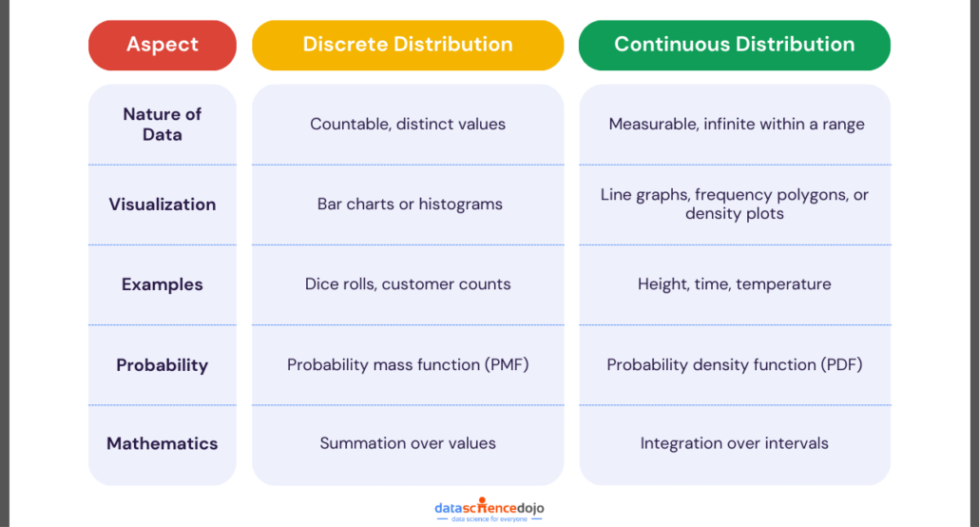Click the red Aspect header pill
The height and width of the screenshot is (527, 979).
pyautogui.click(x=163, y=45)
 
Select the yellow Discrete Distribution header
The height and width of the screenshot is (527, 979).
pyautogui.click(x=408, y=45)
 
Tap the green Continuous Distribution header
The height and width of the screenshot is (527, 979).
pyautogui.click(x=734, y=45)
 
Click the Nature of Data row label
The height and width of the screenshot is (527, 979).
pyautogui.click(x=163, y=125)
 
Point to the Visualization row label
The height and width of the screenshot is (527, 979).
pyautogui.click(x=163, y=205)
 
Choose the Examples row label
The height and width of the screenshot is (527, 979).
pyautogui.click(x=163, y=284)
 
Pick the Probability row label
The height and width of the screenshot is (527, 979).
pyautogui.click(x=163, y=365)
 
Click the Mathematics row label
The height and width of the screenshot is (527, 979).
pyautogui.click(x=163, y=443)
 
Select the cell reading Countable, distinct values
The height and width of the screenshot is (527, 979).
pyautogui.click(x=408, y=124)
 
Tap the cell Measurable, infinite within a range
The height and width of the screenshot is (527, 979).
pyautogui.click(x=737, y=124)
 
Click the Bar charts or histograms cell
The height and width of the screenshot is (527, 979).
pyautogui.click(x=410, y=204)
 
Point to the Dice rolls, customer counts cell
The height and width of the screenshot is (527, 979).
pyautogui.click(x=408, y=283)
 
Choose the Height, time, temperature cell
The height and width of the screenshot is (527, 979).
pyautogui.click(x=734, y=283)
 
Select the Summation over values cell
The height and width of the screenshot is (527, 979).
pyautogui.click(x=408, y=443)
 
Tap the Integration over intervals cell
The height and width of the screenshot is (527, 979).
pyautogui.click(x=734, y=443)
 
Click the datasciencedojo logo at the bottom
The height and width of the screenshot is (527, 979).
pyautogui.click(x=489, y=510)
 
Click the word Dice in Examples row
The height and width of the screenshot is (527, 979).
pyautogui.click(x=320, y=283)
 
